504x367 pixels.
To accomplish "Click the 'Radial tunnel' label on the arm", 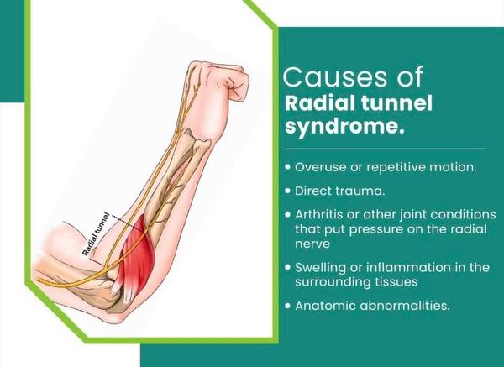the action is (96, 234).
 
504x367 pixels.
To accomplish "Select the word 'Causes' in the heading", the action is (335, 76).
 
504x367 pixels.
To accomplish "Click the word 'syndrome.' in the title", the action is (344, 126).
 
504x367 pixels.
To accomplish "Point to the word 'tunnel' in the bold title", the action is (396, 102).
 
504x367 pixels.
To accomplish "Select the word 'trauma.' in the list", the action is (360, 191).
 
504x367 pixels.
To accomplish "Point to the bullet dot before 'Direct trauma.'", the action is (287, 191).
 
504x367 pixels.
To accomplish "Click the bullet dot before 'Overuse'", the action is (287, 167).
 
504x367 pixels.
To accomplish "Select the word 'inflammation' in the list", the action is (409, 267).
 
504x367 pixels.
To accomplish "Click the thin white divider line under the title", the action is (386, 149).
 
